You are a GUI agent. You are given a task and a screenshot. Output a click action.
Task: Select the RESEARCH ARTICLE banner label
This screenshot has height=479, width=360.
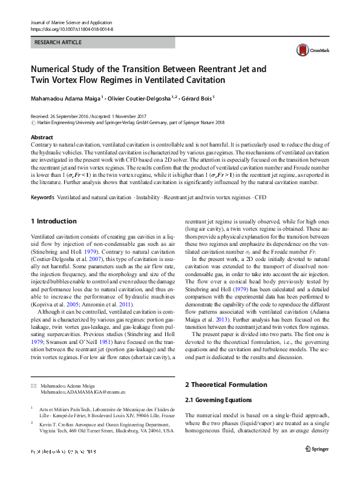(58, 43)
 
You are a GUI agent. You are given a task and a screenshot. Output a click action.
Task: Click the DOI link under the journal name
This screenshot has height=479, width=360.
(71, 29)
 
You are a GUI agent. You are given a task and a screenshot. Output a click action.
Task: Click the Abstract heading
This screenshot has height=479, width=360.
(42, 137)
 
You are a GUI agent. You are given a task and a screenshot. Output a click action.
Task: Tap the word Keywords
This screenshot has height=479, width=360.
(42, 197)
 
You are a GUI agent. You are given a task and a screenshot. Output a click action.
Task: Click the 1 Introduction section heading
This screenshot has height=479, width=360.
(54, 222)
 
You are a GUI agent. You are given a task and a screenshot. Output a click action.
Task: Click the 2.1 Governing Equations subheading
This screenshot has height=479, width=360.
(217, 400)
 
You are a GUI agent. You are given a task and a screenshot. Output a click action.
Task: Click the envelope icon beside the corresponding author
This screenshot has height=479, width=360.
(33, 386)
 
